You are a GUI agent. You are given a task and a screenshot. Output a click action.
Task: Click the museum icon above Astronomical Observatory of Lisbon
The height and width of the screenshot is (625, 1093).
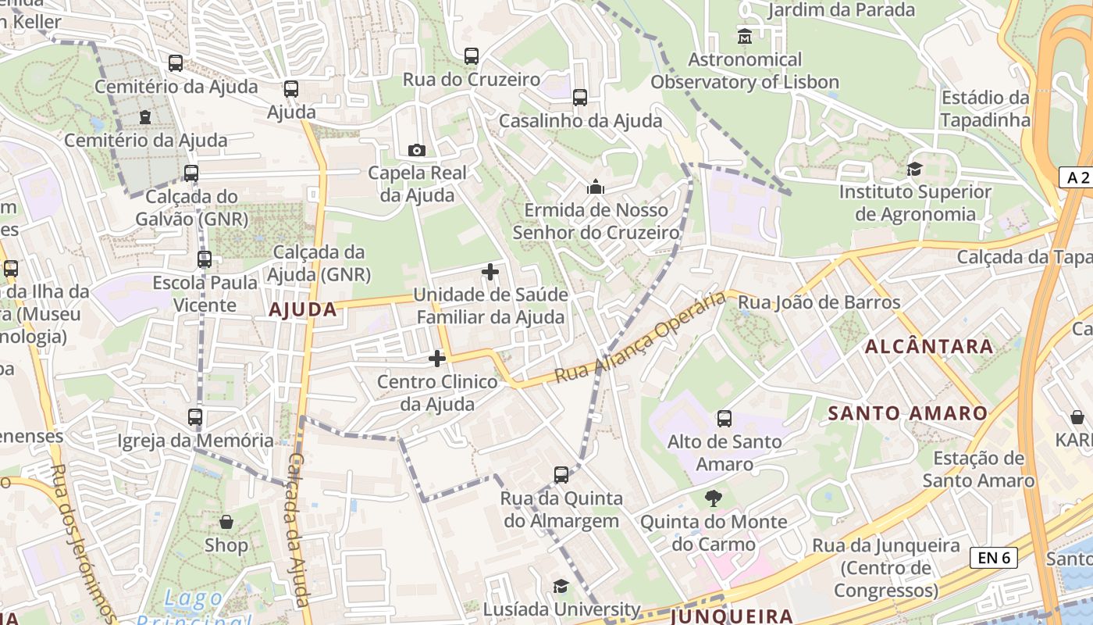744,36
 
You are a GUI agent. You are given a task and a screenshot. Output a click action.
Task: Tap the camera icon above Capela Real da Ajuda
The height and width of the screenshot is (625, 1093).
417,150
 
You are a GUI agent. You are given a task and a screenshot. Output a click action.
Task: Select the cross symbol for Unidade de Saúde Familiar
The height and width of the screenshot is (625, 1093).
490,272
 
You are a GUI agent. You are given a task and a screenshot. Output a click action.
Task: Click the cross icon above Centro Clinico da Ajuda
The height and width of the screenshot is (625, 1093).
437,359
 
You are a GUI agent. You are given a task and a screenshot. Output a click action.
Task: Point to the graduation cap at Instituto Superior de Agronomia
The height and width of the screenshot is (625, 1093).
914,169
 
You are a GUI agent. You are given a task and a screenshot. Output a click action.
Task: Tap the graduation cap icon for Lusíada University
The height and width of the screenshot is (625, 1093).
561,587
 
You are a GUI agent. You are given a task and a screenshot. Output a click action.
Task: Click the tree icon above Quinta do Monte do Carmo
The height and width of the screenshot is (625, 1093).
713,498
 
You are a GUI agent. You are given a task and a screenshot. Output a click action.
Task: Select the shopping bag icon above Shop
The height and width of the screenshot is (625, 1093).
226,521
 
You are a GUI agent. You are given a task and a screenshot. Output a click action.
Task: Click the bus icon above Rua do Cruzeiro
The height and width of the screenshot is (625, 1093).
471,56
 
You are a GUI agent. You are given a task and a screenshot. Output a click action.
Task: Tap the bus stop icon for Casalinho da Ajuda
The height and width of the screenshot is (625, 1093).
579,98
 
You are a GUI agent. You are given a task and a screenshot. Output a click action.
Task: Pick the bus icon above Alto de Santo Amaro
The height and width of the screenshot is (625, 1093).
725,419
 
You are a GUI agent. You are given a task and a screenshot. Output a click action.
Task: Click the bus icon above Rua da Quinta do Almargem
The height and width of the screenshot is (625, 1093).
561,475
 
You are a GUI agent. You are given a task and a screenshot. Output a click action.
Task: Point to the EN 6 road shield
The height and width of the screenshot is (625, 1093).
994,557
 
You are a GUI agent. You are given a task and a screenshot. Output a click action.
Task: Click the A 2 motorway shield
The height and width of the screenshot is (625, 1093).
1077,177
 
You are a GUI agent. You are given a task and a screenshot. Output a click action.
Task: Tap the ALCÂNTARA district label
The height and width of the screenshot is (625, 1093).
929,346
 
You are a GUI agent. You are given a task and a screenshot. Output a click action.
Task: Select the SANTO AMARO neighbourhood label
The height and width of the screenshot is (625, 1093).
907,412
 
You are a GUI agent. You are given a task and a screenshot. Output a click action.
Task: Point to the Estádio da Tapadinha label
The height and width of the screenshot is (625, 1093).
985,109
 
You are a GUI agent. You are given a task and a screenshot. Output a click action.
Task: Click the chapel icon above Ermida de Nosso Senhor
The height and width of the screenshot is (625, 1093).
596,187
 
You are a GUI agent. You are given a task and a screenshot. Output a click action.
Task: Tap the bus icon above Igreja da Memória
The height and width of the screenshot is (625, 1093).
195,417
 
